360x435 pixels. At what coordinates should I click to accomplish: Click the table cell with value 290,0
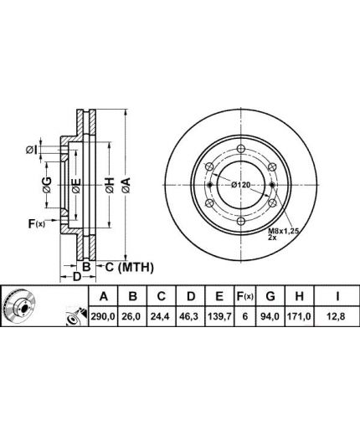click(103, 316)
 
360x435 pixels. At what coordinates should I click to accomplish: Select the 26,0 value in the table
click(133, 316)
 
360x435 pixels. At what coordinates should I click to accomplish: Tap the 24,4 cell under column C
click(162, 316)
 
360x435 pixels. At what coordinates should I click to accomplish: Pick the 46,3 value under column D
click(191, 316)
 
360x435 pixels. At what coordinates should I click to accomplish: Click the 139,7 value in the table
click(219, 316)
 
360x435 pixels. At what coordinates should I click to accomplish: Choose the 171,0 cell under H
click(299, 316)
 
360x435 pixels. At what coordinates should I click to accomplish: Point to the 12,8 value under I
click(337, 316)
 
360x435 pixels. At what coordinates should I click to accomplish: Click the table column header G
click(270, 296)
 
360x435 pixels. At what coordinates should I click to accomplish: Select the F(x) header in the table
click(244, 296)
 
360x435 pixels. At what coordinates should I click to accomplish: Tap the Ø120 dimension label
click(241, 185)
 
